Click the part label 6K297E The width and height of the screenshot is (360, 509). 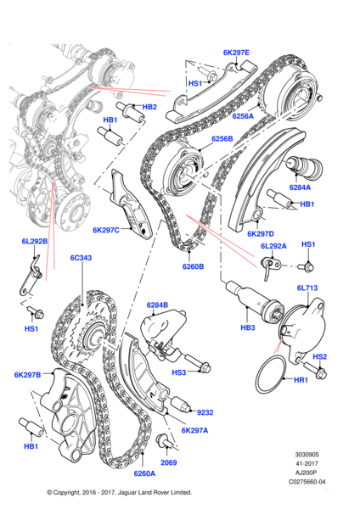tap(236, 53)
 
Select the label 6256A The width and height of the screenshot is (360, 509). tap(243, 116)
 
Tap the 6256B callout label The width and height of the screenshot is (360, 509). tap(222, 138)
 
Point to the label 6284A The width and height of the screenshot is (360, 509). tap(300, 187)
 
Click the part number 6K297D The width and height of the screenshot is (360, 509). tap(261, 234)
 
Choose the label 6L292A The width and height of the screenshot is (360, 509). tap(273, 246)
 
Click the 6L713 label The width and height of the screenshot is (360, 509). tap(307, 288)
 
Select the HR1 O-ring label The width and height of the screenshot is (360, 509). tap(301, 379)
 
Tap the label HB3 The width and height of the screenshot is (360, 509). tap(248, 327)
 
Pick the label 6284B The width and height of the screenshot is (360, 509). tap(157, 305)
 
